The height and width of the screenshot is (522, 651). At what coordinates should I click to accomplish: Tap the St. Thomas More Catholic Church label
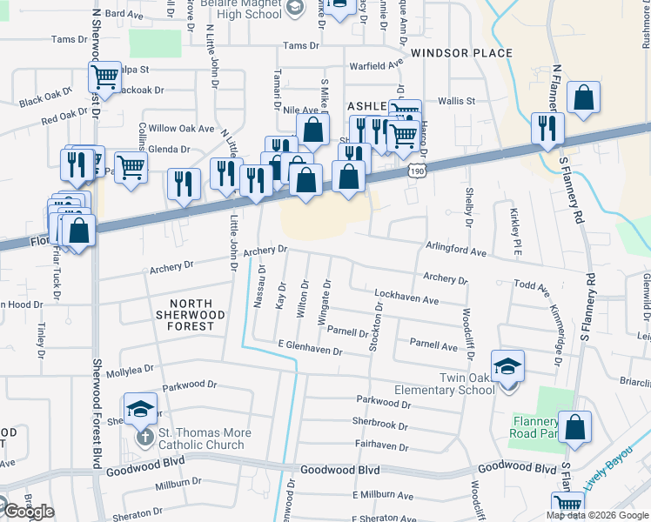(205, 438)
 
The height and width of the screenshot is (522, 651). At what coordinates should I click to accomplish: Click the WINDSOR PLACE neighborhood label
(461, 53)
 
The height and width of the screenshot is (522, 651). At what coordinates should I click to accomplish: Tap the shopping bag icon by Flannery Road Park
(574, 427)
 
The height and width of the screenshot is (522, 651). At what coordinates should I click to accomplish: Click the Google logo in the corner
(28, 512)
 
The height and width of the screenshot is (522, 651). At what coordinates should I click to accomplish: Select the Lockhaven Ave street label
(406, 298)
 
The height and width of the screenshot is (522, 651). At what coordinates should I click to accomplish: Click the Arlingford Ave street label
(455, 249)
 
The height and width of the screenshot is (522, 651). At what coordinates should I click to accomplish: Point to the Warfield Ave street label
(377, 64)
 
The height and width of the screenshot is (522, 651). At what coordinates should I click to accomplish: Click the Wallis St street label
(456, 101)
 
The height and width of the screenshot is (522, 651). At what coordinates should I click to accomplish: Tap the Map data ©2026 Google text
(596, 515)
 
